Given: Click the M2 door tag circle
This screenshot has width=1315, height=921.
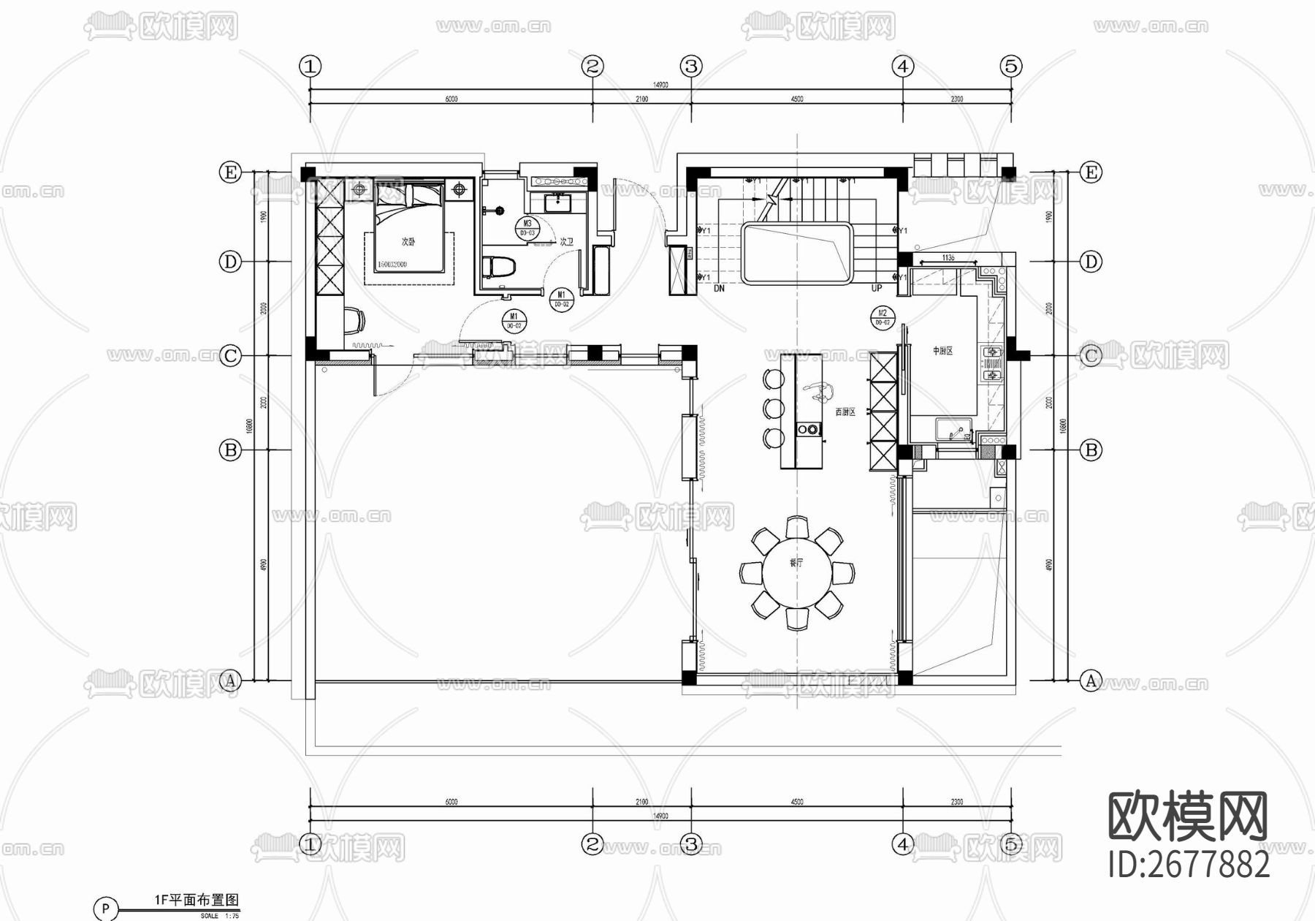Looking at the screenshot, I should [882, 317].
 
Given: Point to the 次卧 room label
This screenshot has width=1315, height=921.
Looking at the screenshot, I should [408, 242].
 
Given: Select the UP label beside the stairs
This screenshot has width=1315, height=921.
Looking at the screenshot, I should [877, 289].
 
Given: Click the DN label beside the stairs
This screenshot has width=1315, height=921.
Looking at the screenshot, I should [719, 289].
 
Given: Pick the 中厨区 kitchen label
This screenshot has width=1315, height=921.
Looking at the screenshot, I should [942, 352].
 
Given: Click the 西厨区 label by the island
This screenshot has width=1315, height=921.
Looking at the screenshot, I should [845, 412].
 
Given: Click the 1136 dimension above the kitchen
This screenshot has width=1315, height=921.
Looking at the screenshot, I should [948, 258].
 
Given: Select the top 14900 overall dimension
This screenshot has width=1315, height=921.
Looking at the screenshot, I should [660, 85].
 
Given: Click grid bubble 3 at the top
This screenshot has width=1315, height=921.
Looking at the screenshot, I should [691, 67].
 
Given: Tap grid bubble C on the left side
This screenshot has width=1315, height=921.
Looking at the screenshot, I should [230, 356].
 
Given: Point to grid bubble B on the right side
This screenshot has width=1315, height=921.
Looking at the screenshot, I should [1091, 450].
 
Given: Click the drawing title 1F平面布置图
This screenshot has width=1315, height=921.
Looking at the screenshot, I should [197, 901].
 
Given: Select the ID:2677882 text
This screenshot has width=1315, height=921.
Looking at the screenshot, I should [1189, 865].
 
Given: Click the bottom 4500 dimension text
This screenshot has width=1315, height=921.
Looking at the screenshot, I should [796, 802].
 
